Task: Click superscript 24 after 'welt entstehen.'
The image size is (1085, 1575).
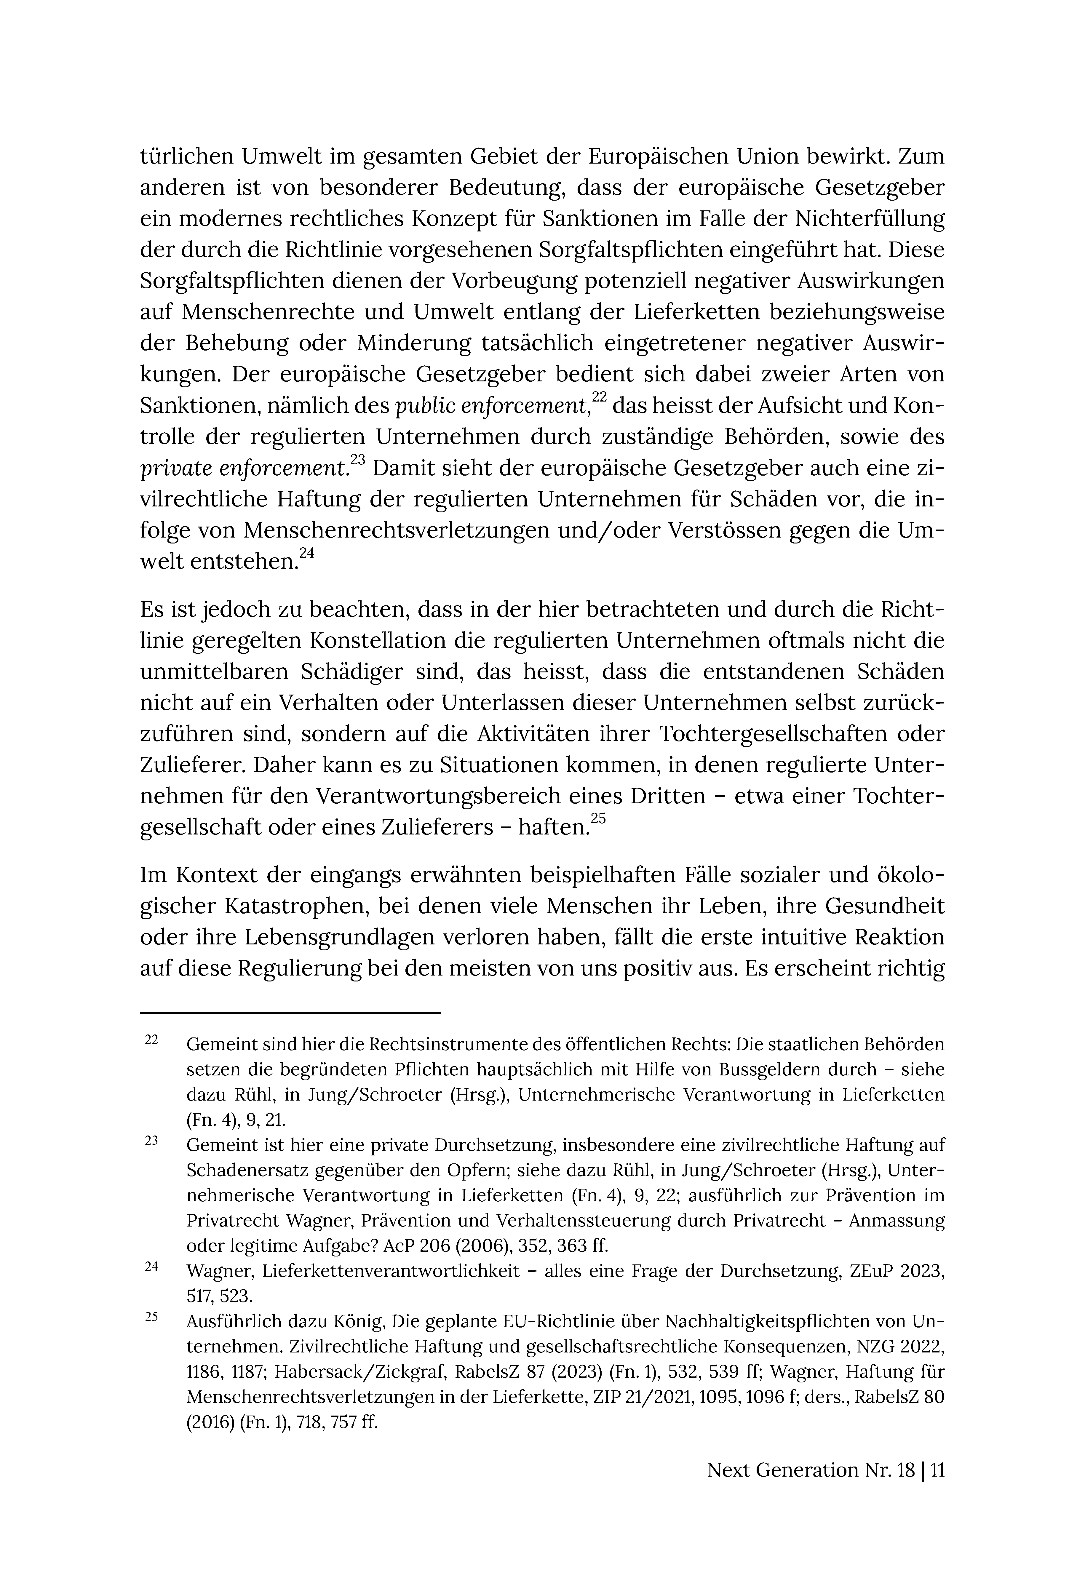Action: pyautogui.click(x=307, y=554)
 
